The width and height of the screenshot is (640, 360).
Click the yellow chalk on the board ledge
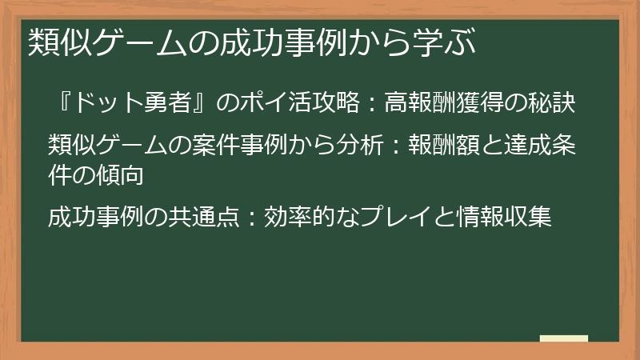[563, 338]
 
